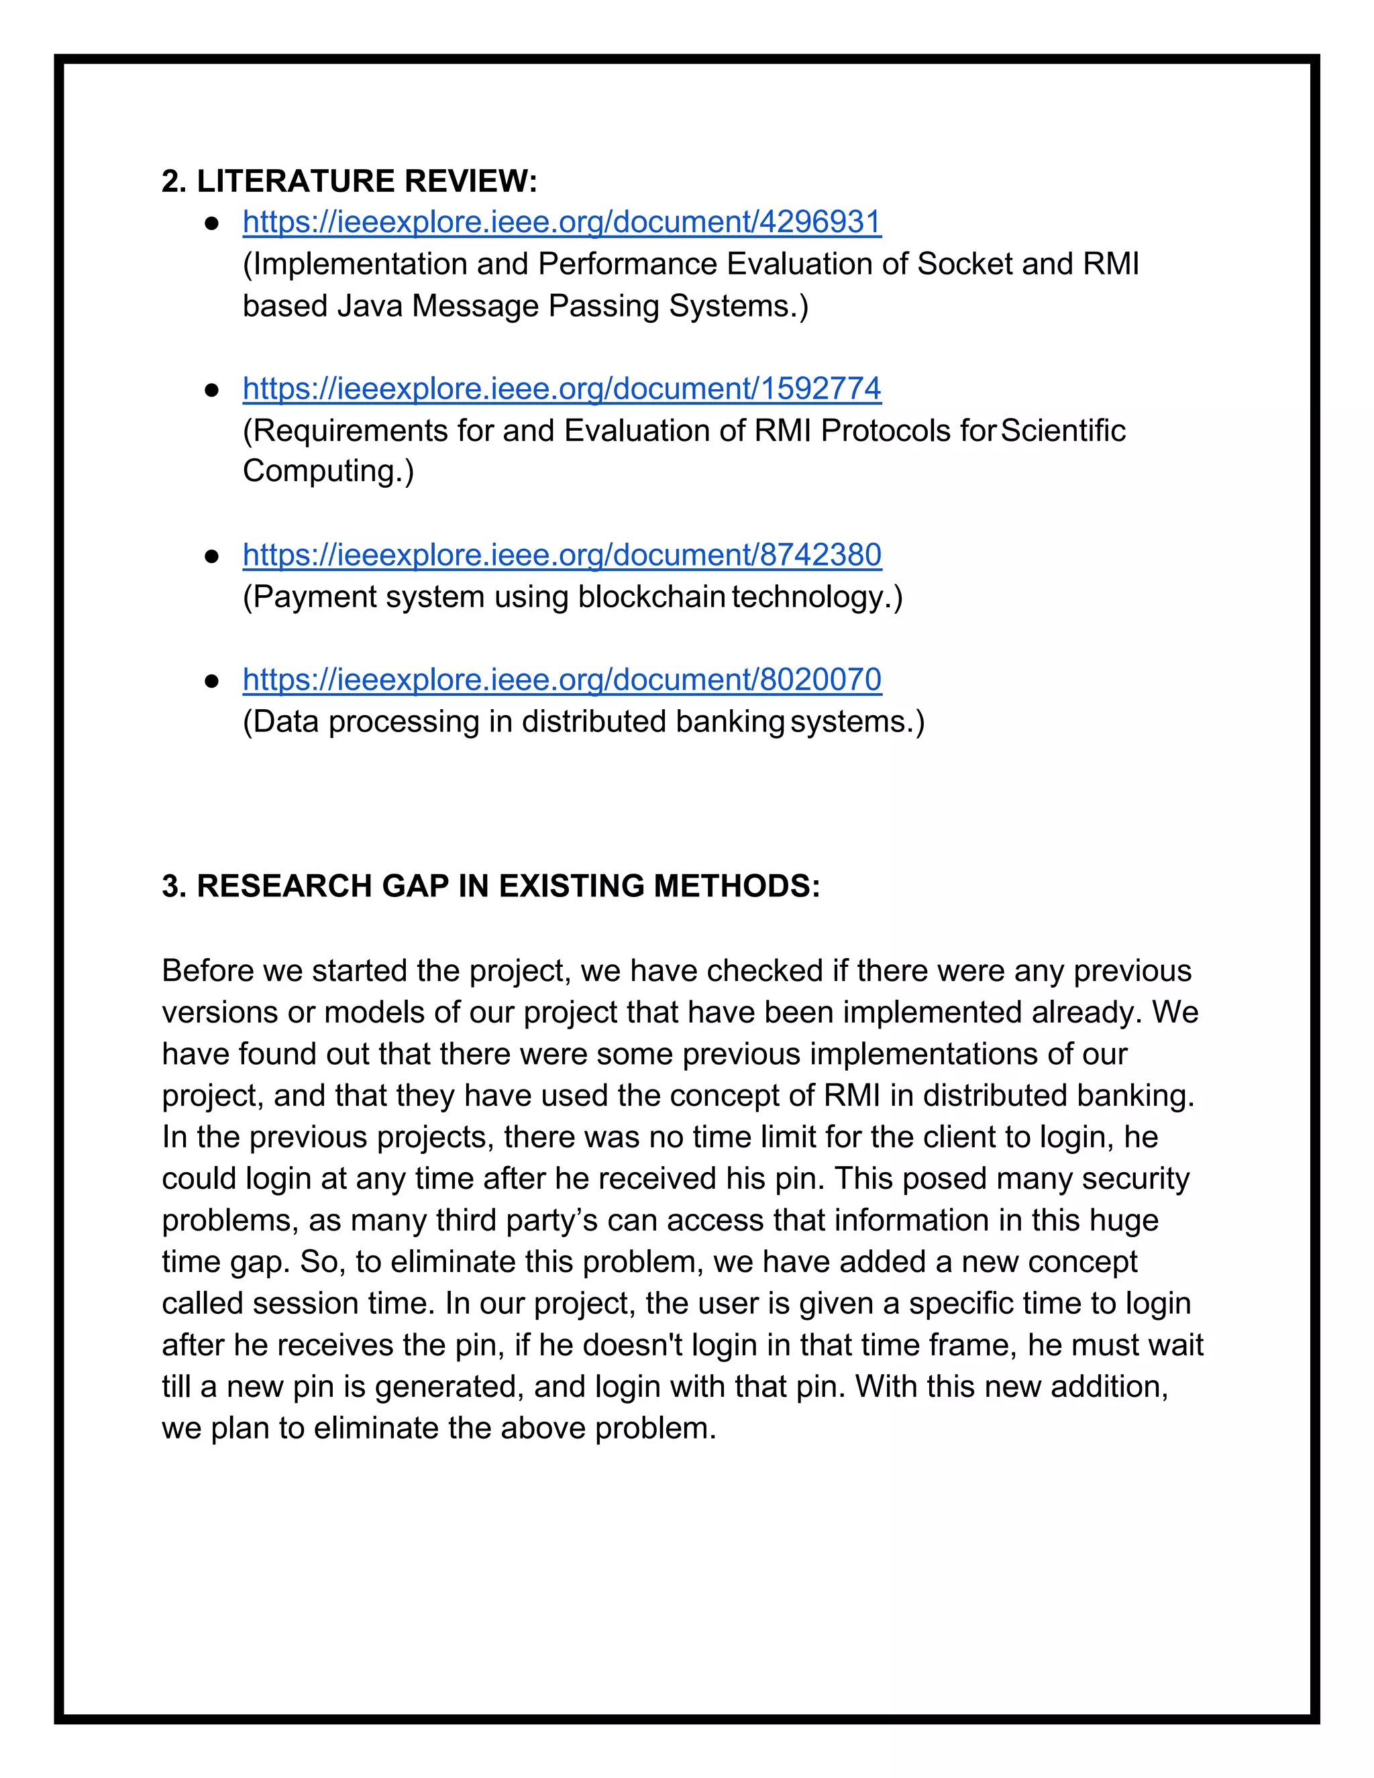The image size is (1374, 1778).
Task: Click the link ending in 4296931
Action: [562, 222]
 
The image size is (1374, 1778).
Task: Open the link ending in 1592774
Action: [562, 388]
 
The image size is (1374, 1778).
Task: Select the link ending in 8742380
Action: [562, 554]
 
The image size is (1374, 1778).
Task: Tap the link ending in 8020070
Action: [562, 679]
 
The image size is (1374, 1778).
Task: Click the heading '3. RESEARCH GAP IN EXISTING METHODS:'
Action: [491, 886]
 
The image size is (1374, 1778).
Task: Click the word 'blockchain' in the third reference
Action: [651, 596]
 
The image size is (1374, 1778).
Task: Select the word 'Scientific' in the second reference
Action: [1062, 431]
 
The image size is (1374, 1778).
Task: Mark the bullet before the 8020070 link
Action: [211, 680]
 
